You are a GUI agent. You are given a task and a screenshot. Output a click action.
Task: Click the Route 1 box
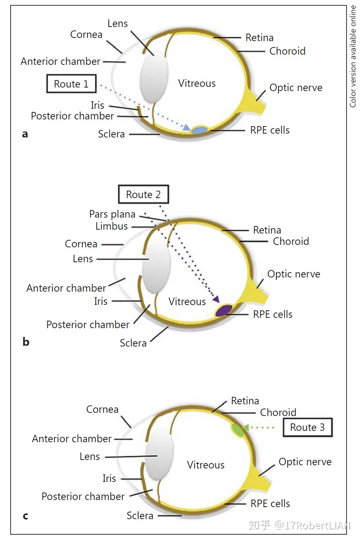point(71,84)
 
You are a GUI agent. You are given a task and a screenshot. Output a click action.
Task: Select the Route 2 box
point(143,195)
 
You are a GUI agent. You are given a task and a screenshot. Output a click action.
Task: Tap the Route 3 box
point(307,427)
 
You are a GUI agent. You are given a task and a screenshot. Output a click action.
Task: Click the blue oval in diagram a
point(199,130)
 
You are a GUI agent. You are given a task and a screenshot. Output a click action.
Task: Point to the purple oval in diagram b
point(224,310)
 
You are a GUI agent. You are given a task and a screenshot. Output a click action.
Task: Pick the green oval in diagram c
point(237,429)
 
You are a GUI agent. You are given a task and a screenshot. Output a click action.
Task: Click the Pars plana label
point(112,214)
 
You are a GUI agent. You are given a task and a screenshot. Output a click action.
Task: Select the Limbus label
point(112,226)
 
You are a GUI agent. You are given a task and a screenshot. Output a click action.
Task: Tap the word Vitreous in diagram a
point(197,83)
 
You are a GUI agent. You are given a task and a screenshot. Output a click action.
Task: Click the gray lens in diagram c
point(160,454)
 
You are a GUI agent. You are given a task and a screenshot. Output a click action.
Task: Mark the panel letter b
point(26,342)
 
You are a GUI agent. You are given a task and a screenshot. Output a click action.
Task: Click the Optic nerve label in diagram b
point(293,274)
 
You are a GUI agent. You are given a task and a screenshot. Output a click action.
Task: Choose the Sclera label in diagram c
point(140,516)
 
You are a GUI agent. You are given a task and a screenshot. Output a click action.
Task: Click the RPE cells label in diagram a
point(270,130)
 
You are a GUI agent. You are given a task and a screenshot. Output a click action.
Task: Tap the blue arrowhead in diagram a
point(186,128)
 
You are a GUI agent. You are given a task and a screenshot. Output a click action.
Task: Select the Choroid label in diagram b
point(291,241)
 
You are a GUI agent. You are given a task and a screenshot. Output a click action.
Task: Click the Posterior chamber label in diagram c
point(83,496)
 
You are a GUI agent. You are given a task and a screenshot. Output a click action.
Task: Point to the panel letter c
point(26,516)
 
